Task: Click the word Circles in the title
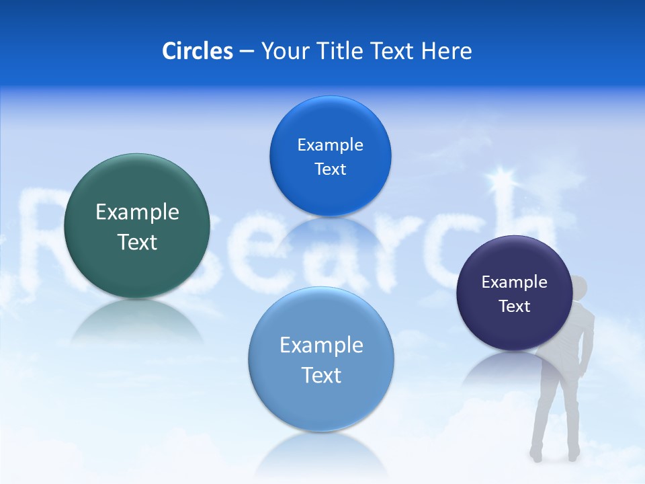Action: pyautogui.click(x=198, y=51)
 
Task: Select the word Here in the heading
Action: pyautogui.click(x=446, y=51)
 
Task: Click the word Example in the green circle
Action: pyautogui.click(x=137, y=212)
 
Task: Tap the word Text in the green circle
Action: pyautogui.click(x=137, y=242)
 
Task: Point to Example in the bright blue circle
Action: pyautogui.click(x=330, y=145)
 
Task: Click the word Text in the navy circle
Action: pyautogui.click(x=515, y=307)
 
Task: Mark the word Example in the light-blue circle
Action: pyautogui.click(x=321, y=346)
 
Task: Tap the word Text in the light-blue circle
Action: pyautogui.click(x=321, y=375)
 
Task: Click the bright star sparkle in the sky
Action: pyautogui.click(x=501, y=178)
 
